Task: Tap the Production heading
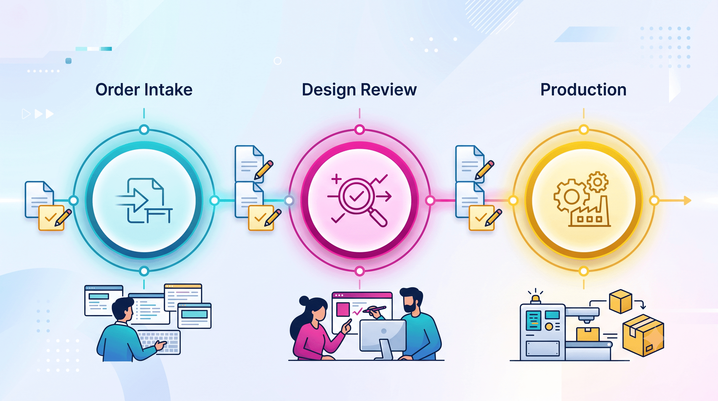click(x=583, y=90)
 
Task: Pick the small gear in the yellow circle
click(x=597, y=182)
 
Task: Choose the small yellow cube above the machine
click(x=620, y=301)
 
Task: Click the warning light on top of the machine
click(x=535, y=299)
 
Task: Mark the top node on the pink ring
click(x=360, y=129)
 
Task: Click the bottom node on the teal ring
click(x=144, y=271)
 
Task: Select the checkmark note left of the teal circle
click(x=51, y=218)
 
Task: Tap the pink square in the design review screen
click(x=343, y=310)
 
